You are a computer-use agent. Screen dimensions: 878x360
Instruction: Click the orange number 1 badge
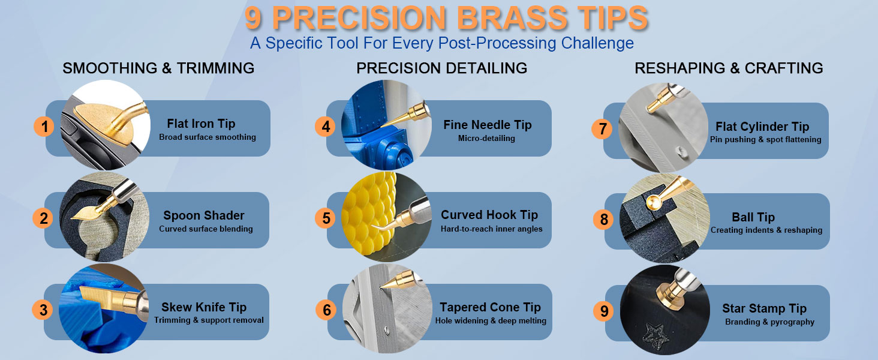[44, 127]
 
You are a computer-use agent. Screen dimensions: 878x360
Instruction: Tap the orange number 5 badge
[326, 218]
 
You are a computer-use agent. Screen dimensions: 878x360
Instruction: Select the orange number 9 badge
[604, 311]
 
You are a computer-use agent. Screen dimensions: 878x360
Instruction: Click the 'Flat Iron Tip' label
[201, 124]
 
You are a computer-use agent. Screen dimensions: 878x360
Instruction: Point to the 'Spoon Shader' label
[204, 215]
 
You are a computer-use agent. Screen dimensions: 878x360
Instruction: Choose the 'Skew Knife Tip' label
[204, 307]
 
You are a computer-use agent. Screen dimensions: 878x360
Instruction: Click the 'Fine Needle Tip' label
[488, 125]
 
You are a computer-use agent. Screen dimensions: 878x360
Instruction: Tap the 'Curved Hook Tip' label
[489, 215]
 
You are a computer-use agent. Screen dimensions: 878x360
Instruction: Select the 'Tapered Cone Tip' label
[490, 307]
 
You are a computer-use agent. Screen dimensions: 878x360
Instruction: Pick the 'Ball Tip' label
[753, 217]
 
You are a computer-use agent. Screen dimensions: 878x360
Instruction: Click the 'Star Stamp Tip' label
[764, 308]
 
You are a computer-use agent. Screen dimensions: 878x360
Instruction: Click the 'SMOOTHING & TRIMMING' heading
[158, 68]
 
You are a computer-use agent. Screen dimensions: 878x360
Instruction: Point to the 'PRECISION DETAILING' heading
[442, 68]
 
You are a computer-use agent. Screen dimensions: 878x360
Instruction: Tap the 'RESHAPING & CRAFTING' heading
[729, 68]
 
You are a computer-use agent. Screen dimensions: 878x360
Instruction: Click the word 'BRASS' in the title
[512, 18]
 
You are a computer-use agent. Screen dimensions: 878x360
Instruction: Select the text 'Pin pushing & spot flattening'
[765, 140]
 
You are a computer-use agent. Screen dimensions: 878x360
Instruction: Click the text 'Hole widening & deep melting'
[491, 321]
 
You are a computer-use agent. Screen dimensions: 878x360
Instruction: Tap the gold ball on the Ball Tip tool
[654, 203]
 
